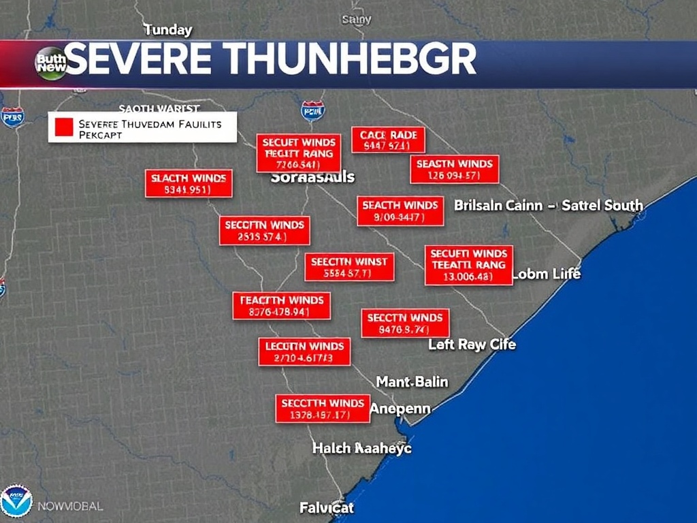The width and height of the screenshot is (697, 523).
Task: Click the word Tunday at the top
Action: (x=167, y=30)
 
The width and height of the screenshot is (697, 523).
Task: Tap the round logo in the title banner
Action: (x=51, y=63)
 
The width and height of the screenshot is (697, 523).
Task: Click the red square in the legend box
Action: (x=63, y=127)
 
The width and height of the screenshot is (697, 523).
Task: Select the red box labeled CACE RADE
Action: (x=388, y=140)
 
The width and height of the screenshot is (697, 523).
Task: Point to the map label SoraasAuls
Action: (x=312, y=177)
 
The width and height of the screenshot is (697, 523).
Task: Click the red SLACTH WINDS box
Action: (x=189, y=184)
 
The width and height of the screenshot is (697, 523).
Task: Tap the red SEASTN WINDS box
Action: (x=454, y=170)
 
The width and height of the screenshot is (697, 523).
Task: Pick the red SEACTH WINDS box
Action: (x=400, y=211)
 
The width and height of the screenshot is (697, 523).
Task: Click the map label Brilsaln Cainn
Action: (x=498, y=205)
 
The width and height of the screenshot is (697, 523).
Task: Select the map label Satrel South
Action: (x=602, y=205)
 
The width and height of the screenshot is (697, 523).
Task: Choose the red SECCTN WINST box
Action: (x=349, y=267)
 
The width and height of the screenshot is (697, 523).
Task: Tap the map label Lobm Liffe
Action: (x=546, y=274)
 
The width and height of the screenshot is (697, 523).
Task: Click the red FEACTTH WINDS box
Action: (x=281, y=306)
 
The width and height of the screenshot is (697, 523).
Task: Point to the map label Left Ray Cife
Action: (x=472, y=345)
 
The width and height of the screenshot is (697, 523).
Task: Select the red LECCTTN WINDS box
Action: (x=304, y=352)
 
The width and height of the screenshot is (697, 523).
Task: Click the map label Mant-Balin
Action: (x=412, y=382)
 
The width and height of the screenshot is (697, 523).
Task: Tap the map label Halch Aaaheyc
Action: (x=361, y=448)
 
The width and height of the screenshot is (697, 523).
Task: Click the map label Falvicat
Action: (x=327, y=507)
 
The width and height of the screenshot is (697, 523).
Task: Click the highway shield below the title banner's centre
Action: (x=312, y=110)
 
